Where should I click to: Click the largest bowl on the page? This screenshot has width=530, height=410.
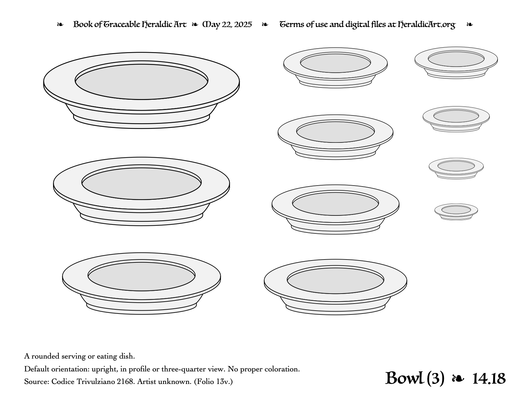click(x=141, y=90)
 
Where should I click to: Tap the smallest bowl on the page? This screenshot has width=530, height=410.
click(x=456, y=212)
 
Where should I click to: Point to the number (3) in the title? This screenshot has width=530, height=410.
click(x=436, y=378)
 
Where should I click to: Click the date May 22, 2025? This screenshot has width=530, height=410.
click(x=227, y=25)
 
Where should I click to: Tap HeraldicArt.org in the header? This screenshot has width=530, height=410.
click(x=426, y=25)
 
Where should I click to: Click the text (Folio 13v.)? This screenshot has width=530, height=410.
click(x=213, y=382)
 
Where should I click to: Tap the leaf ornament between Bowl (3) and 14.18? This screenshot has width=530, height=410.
click(x=458, y=379)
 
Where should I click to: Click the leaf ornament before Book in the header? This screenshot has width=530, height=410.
click(x=60, y=24)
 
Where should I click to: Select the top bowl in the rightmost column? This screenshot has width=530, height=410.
click(x=456, y=62)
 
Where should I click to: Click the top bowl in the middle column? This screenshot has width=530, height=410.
click(x=335, y=68)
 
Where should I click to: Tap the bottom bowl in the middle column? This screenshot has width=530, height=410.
click(x=335, y=287)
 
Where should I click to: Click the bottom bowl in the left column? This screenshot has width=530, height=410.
click(x=141, y=283)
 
